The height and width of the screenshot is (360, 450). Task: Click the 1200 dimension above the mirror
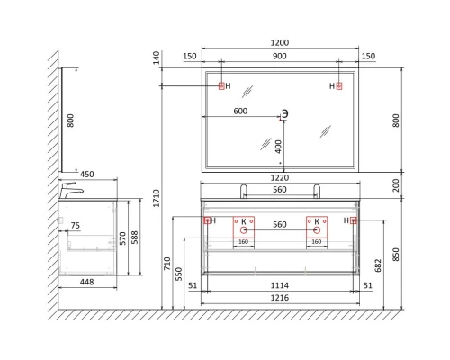280,43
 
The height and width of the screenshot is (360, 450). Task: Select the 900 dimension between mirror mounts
280,57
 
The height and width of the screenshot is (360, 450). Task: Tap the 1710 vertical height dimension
157,198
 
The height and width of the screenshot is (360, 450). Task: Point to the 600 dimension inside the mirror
240,112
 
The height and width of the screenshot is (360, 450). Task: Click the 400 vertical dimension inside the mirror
279,147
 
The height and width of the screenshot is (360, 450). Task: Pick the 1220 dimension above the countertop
280,178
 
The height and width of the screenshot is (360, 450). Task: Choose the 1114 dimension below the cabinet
280,285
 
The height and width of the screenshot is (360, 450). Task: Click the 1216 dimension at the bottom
280,298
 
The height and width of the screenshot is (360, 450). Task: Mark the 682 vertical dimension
378,265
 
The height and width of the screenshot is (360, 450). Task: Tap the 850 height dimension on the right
396,255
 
